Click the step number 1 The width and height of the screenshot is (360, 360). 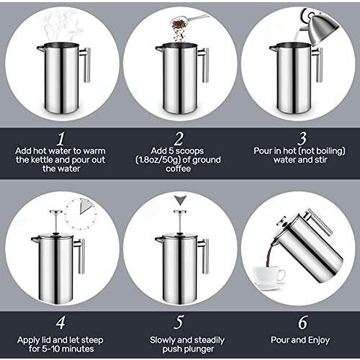(61, 139)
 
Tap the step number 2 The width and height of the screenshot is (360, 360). (179, 139)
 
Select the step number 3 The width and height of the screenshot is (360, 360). (302, 139)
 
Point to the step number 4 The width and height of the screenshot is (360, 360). (60, 323)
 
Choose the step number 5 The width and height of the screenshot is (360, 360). (179, 323)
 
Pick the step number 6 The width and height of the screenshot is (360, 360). (303, 323)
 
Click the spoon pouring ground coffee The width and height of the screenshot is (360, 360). (189, 21)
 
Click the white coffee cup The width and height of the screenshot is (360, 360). (269, 276)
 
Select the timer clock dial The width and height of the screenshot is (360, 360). (81, 214)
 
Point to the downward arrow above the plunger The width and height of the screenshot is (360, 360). (180, 200)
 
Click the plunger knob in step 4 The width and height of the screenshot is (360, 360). (56, 212)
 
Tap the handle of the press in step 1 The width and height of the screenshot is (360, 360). (86, 64)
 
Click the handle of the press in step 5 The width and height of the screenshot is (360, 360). (204, 256)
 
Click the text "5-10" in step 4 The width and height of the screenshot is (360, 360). (50, 348)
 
